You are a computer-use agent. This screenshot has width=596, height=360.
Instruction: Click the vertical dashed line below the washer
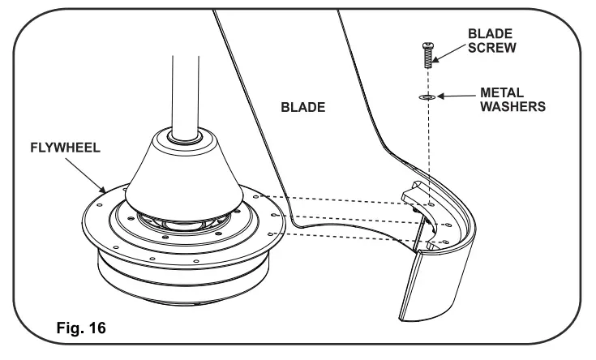424,146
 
